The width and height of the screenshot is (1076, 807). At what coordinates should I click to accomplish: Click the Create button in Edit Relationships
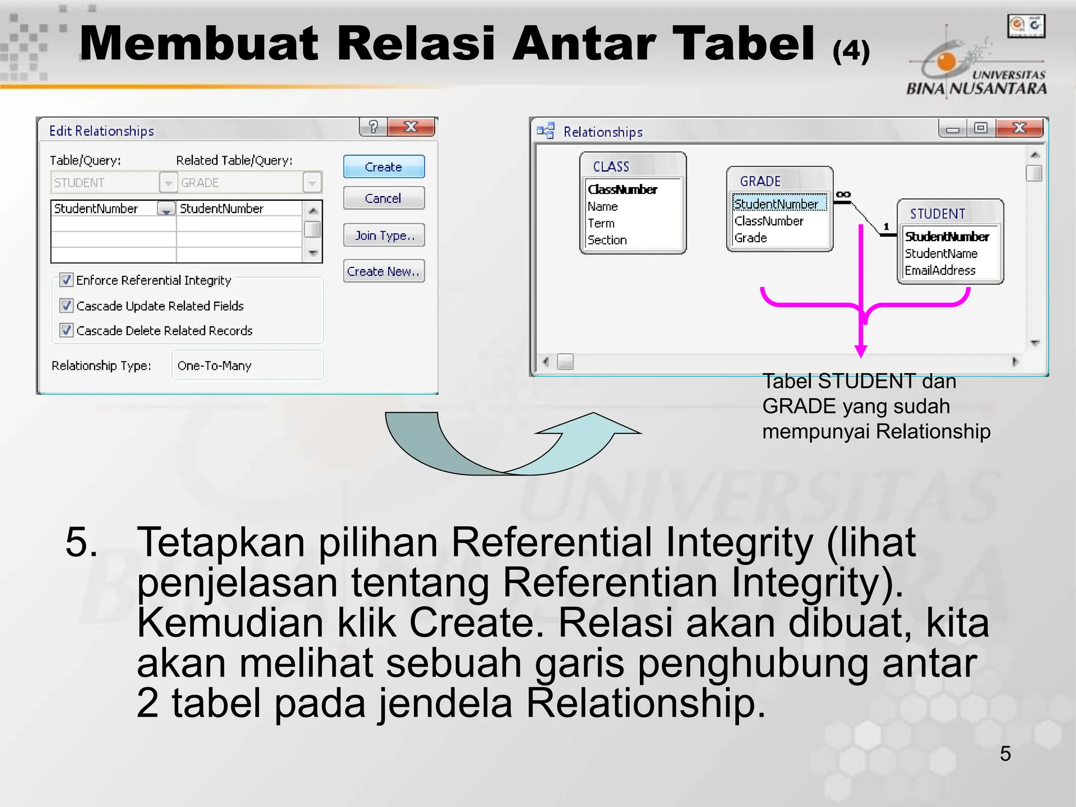pos(384,167)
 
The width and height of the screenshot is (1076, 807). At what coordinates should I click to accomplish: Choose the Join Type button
pos(384,235)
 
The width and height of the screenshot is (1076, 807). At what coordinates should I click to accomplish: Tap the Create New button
pos(384,271)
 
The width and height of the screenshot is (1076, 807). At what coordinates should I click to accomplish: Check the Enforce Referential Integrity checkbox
pos(66,280)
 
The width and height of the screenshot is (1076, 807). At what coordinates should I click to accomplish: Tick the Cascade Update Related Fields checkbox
pos(66,305)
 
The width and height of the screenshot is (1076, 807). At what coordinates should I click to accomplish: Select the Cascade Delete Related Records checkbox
pos(66,330)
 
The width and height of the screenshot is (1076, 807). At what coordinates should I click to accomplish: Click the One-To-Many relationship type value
pos(214,366)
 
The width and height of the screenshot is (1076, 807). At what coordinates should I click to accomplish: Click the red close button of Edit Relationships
pos(411,127)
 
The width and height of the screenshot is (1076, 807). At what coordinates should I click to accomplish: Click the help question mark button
pos(374,127)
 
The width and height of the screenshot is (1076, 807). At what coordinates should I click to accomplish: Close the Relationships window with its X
pos(1019,128)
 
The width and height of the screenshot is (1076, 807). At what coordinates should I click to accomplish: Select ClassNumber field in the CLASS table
pos(623,190)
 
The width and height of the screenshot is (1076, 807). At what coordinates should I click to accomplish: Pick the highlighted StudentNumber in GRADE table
pos(776,204)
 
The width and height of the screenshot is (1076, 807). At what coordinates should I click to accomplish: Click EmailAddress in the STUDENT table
pos(940,271)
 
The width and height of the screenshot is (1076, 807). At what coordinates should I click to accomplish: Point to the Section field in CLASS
pos(607,240)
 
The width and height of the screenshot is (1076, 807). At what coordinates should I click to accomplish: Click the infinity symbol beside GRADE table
pos(843,194)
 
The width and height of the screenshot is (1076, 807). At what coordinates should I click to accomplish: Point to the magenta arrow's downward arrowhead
pos(861,351)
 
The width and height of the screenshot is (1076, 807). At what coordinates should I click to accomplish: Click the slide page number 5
pos(1005,753)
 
